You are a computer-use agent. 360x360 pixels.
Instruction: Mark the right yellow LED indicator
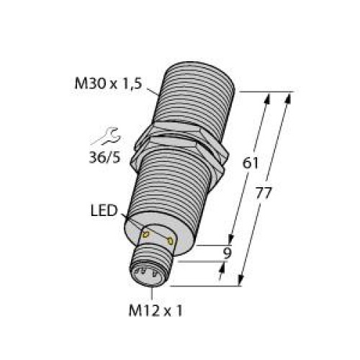click(x=171, y=240)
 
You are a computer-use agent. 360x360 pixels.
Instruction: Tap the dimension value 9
click(x=228, y=253)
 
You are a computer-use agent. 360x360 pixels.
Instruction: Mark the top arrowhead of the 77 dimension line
click(x=289, y=97)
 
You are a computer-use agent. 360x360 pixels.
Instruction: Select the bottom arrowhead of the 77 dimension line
click(x=243, y=282)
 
